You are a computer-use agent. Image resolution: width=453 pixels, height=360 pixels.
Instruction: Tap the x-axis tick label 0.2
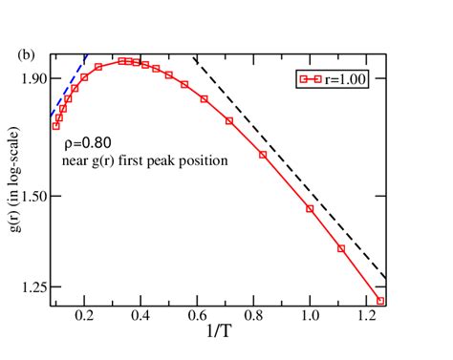pyautogui.click(x=85, y=315)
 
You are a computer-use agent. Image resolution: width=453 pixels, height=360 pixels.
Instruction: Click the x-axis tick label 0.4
pyautogui.click(x=141, y=315)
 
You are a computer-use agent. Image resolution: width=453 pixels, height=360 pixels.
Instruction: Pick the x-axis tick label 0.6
pyautogui.click(x=197, y=315)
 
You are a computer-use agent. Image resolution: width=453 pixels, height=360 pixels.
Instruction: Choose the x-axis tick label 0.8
pyautogui.click(x=253, y=315)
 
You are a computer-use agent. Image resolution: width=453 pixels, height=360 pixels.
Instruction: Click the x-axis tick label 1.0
pyautogui.click(x=310, y=315)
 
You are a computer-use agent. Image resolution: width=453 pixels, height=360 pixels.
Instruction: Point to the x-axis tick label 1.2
pyautogui.click(x=365, y=315)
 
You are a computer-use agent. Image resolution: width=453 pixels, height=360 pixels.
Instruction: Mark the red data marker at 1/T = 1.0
pyautogui.click(x=310, y=208)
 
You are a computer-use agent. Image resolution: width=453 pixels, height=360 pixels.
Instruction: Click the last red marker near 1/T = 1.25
pyautogui.click(x=379, y=300)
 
